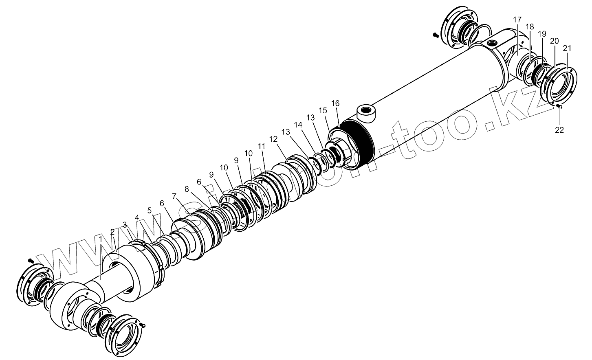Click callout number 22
(x=559, y=130)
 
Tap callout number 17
(x=517, y=20)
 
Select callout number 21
(x=568, y=48)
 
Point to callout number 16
(x=335, y=103)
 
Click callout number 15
(x=323, y=110)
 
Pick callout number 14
(x=299, y=125)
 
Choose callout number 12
(x=273, y=139)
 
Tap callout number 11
(x=261, y=146)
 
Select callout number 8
(x=187, y=189)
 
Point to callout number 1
(x=100, y=238)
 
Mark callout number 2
(x=113, y=232)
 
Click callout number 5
(x=150, y=211)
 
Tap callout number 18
(x=529, y=27)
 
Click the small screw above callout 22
(x=559, y=106)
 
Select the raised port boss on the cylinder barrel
(x=366, y=113)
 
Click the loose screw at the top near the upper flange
(x=435, y=35)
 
